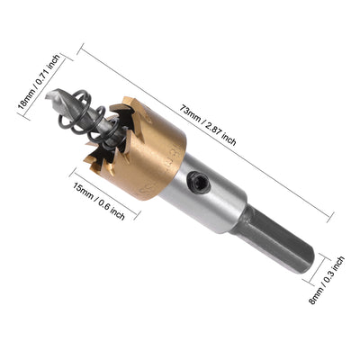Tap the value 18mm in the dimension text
click(25, 94)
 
